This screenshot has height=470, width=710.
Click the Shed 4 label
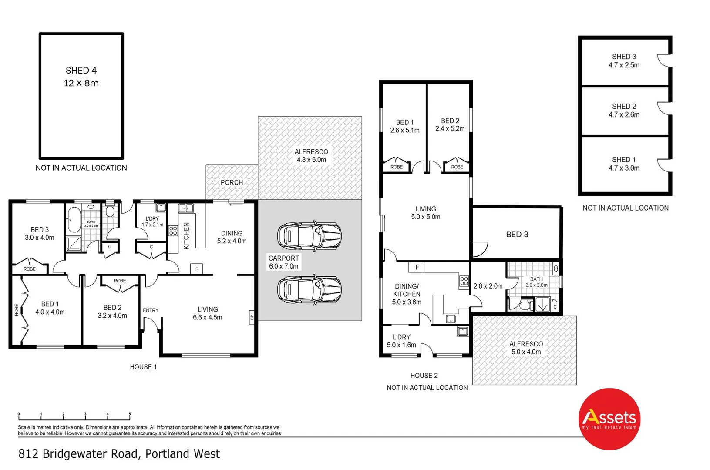pos(81,71)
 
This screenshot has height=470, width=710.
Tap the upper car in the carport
pos(310,236)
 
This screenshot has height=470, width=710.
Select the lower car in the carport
pos(310,289)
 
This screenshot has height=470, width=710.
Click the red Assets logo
pos(609,419)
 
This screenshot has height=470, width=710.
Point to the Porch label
pos(232,182)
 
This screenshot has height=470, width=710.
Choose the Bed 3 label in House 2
pos(517,234)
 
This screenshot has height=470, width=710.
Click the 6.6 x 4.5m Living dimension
pos(208,317)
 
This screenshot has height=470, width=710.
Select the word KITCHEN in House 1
pos(186,236)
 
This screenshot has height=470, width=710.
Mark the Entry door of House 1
pos(151,324)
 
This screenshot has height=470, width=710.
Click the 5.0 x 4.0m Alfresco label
pos(526,348)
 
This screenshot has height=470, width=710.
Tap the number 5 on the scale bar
pos(129,414)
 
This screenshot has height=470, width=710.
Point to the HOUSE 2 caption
pos(424,376)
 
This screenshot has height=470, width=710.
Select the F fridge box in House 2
pos(417,267)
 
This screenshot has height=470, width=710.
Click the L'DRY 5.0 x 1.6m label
pos(401,341)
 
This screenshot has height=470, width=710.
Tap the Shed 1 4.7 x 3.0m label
pos(624,164)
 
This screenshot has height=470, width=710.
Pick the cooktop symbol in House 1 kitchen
pos(173,230)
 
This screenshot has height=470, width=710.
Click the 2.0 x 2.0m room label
pos(488,286)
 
